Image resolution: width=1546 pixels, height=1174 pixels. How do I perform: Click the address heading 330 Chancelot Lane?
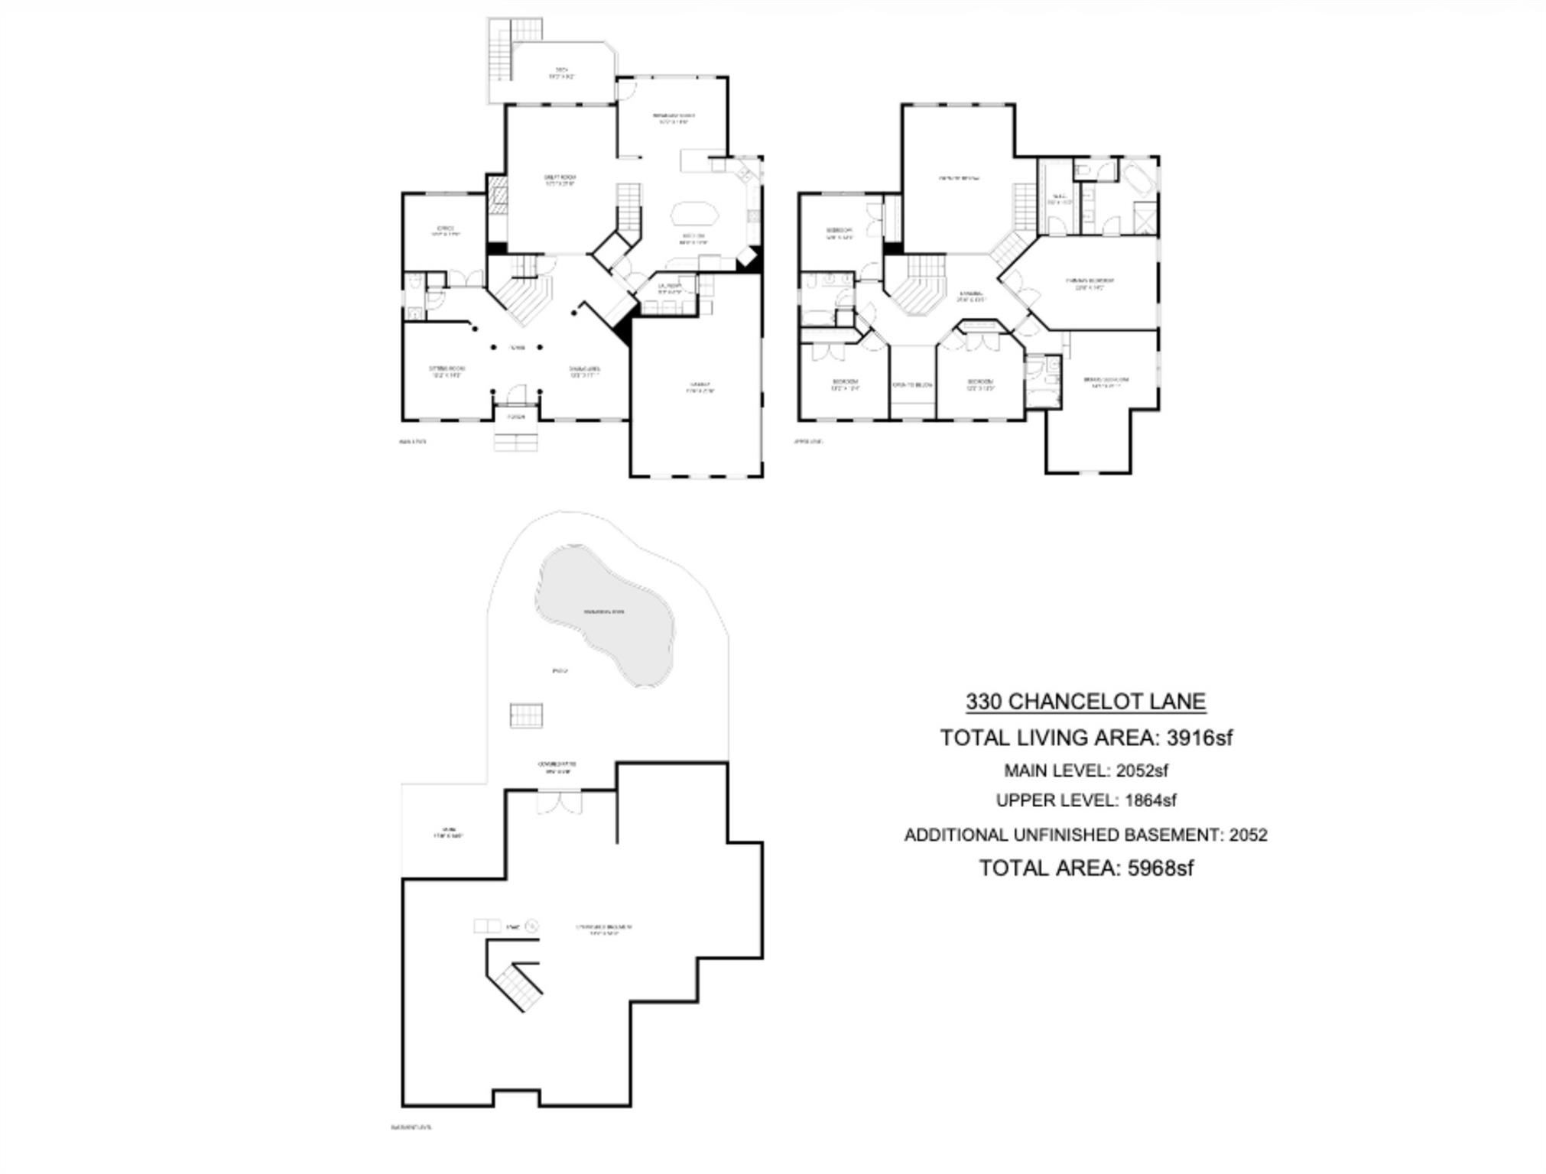click(x=1085, y=702)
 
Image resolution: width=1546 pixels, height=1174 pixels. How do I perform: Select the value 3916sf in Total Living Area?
click(x=1199, y=738)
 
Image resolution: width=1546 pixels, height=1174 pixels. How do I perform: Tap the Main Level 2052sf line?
click(x=1085, y=770)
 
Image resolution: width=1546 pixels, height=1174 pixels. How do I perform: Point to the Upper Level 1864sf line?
click(x=1085, y=800)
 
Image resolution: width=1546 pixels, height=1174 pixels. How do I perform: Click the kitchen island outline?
click(x=694, y=213)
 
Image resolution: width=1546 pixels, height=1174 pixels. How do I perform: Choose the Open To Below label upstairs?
click(x=912, y=384)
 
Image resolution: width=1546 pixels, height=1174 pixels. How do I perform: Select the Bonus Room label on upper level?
click(x=958, y=178)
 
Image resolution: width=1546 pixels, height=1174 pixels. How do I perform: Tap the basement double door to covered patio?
click(x=559, y=803)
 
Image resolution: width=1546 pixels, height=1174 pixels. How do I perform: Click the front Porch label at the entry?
click(x=516, y=417)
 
